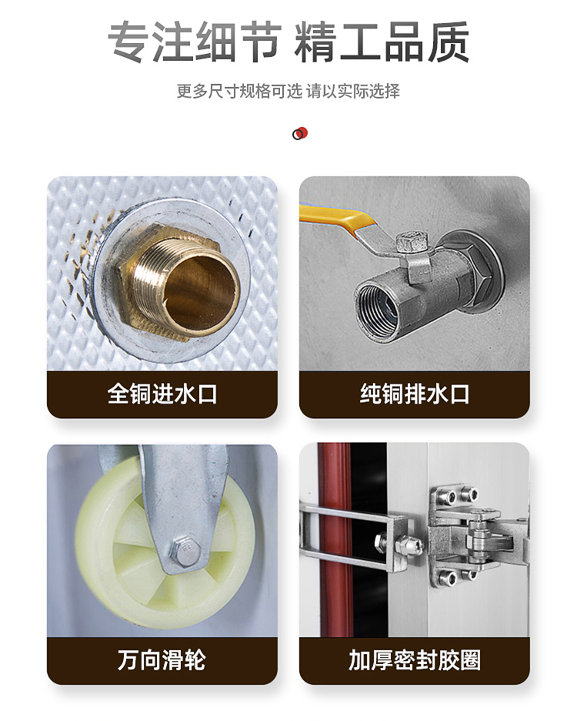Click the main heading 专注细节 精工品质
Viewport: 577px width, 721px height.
288,42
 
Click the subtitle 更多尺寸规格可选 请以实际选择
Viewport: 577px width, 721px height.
288,91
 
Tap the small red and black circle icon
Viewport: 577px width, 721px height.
300,133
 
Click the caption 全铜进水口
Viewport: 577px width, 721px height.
162,394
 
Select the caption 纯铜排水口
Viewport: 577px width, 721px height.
415,394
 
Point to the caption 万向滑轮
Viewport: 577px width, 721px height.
162,660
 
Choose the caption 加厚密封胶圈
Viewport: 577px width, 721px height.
415,660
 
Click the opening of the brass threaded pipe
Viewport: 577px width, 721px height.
200,291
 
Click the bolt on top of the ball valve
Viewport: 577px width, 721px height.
411,243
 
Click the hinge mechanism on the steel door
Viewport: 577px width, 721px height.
478,536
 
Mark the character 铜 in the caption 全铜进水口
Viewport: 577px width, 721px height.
140,394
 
